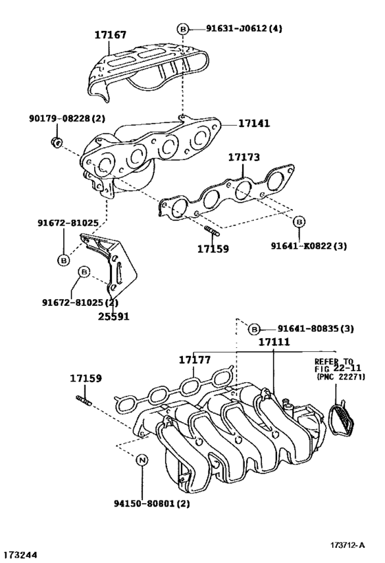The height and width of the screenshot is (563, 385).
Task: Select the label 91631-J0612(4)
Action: [244, 28]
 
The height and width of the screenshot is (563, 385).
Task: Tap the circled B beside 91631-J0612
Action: [183, 29]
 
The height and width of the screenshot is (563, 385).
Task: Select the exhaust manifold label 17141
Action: [254, 124]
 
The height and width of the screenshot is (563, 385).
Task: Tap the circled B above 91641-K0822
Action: [298, 221]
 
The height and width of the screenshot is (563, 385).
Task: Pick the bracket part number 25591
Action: [113, 316]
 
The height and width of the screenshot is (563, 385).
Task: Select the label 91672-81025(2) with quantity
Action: [80, 302]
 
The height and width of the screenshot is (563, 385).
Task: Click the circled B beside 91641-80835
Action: [254, 329]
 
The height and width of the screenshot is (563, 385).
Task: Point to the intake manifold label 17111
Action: [275, 342]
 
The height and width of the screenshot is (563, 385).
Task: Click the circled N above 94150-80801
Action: [142, 461]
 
